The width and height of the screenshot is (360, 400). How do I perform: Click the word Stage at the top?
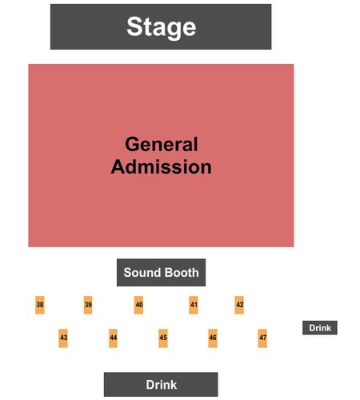pos(162,26)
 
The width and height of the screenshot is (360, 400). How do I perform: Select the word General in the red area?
pos(162,144)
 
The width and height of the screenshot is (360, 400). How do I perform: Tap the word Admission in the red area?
pos(162,167)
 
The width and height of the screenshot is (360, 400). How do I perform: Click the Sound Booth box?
pos(161,272)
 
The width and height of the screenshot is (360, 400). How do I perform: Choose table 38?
pos(40,305)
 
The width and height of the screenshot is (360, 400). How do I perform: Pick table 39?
pos(88,305)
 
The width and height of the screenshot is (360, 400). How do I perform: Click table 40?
pos(138,305)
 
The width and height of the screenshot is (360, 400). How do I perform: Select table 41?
pos(194,305)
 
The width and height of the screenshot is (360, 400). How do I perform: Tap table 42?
pos(239,305)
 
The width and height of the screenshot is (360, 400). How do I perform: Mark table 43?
pos(63,338)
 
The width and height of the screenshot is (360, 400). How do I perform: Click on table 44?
pos(113,338)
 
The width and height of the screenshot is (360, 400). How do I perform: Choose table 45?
pos(163,338)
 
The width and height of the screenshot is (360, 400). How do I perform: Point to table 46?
pos(213,338)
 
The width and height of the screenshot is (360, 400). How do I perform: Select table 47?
pos(262,338)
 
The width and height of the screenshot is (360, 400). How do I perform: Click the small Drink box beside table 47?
pos(320,328)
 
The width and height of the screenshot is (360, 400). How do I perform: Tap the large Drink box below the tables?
pos(161,384)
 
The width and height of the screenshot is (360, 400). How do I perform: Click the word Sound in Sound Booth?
pos(142,273)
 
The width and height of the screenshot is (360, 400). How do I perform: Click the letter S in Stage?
pos(134,26)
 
